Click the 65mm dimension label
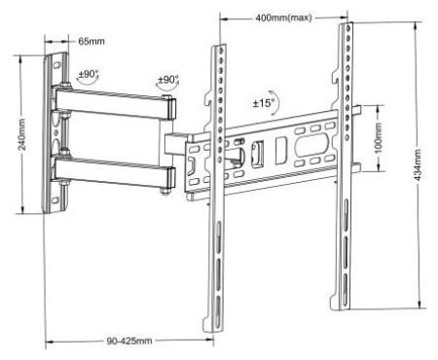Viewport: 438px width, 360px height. coord(91,42)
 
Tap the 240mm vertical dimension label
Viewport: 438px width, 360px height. coord(21,134)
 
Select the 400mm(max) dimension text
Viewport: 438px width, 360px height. coord(283,18)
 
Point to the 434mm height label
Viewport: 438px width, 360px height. coord(418,164)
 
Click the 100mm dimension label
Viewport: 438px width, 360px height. coord(379,138)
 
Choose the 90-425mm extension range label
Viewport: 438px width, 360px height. coord(129,341)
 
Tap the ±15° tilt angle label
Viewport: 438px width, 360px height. coord(264,103)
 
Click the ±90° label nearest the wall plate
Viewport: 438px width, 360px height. coord(88,74)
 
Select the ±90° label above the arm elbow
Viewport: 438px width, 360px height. coord(168,80)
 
